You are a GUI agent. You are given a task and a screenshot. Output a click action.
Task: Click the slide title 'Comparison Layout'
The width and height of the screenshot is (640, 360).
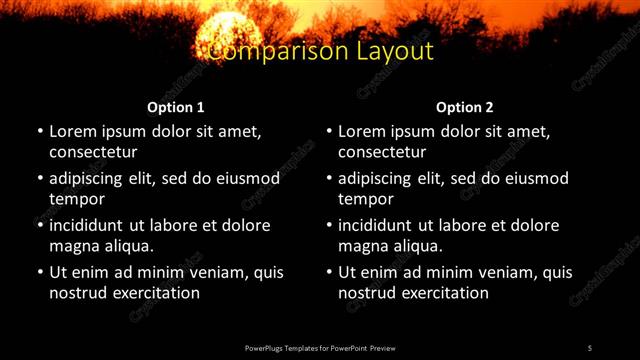pos(321,51)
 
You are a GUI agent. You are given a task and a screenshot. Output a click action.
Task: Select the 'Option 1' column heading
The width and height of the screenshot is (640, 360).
pos(176,107)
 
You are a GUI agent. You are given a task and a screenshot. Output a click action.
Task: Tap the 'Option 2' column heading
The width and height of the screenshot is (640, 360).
pos(465,107)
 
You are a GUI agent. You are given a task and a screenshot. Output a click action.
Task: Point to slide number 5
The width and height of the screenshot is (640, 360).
pos(590,348)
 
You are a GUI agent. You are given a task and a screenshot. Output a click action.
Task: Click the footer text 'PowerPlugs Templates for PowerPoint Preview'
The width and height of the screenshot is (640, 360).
pos(320,348)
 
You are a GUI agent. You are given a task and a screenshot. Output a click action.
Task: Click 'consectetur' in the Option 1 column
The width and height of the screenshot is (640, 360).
pos(93,152)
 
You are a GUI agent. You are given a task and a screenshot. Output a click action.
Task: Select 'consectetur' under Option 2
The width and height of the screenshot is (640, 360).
pos(382,152)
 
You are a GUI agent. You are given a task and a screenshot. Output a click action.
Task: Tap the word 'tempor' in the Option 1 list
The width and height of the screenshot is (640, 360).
pos(76,199)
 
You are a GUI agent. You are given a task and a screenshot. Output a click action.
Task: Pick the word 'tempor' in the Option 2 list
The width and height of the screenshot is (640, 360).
pos(365,199)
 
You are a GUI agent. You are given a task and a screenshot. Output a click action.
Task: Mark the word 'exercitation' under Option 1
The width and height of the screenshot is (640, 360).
pos(155,293)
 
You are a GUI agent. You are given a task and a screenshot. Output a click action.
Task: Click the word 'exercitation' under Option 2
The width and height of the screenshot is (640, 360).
pos(444,293)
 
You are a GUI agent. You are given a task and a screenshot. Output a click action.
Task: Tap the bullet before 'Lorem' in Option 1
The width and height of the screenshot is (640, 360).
pos(40,132)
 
